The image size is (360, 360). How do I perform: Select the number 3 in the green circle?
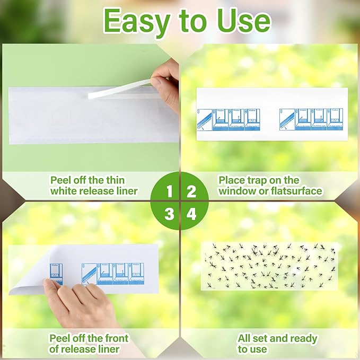coord(169,214)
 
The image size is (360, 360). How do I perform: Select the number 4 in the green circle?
coord(191,214)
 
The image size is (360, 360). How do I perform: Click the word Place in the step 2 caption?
coord(231,180)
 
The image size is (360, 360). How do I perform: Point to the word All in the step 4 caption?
coord(245,338)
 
